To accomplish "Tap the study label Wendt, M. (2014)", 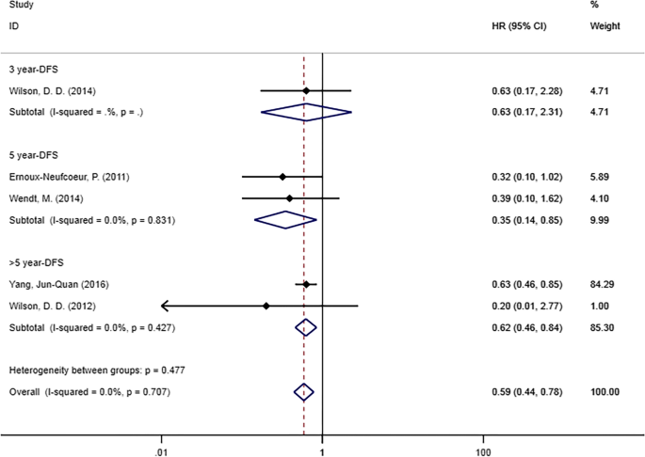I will click(x=43, y=198).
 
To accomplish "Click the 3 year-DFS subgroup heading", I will click(x=33, y=69).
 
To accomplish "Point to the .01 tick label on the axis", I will click(x=162, y=440).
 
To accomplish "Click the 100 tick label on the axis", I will click(x=484, y=440).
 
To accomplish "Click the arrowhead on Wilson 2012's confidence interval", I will click(x=165, y=306).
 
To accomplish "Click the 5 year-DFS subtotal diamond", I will click(x=285, y=220).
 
